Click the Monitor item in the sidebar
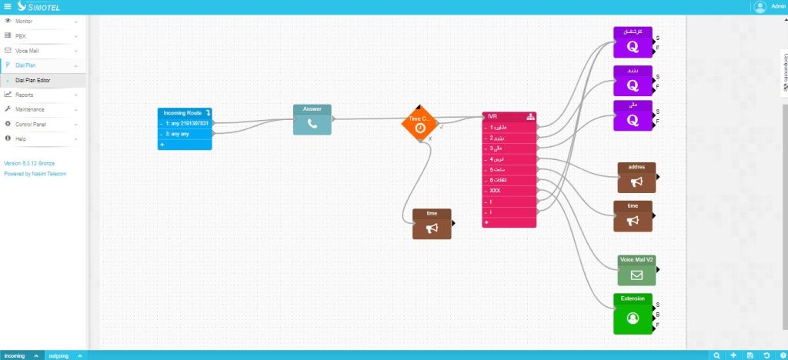[24, 22]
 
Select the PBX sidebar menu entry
[21, 36]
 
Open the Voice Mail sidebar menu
[27, 51]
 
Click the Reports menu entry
[25, 95]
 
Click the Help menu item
[21, 138]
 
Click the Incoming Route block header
[182, 113]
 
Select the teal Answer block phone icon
[312, 123]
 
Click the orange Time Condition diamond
[420, 125]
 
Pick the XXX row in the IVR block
[495, 190]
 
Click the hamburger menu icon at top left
[8, 7]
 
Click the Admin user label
[777, 7]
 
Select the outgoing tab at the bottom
[58, 355]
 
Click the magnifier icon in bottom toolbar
[717, 355]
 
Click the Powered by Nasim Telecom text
[35, 174]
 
